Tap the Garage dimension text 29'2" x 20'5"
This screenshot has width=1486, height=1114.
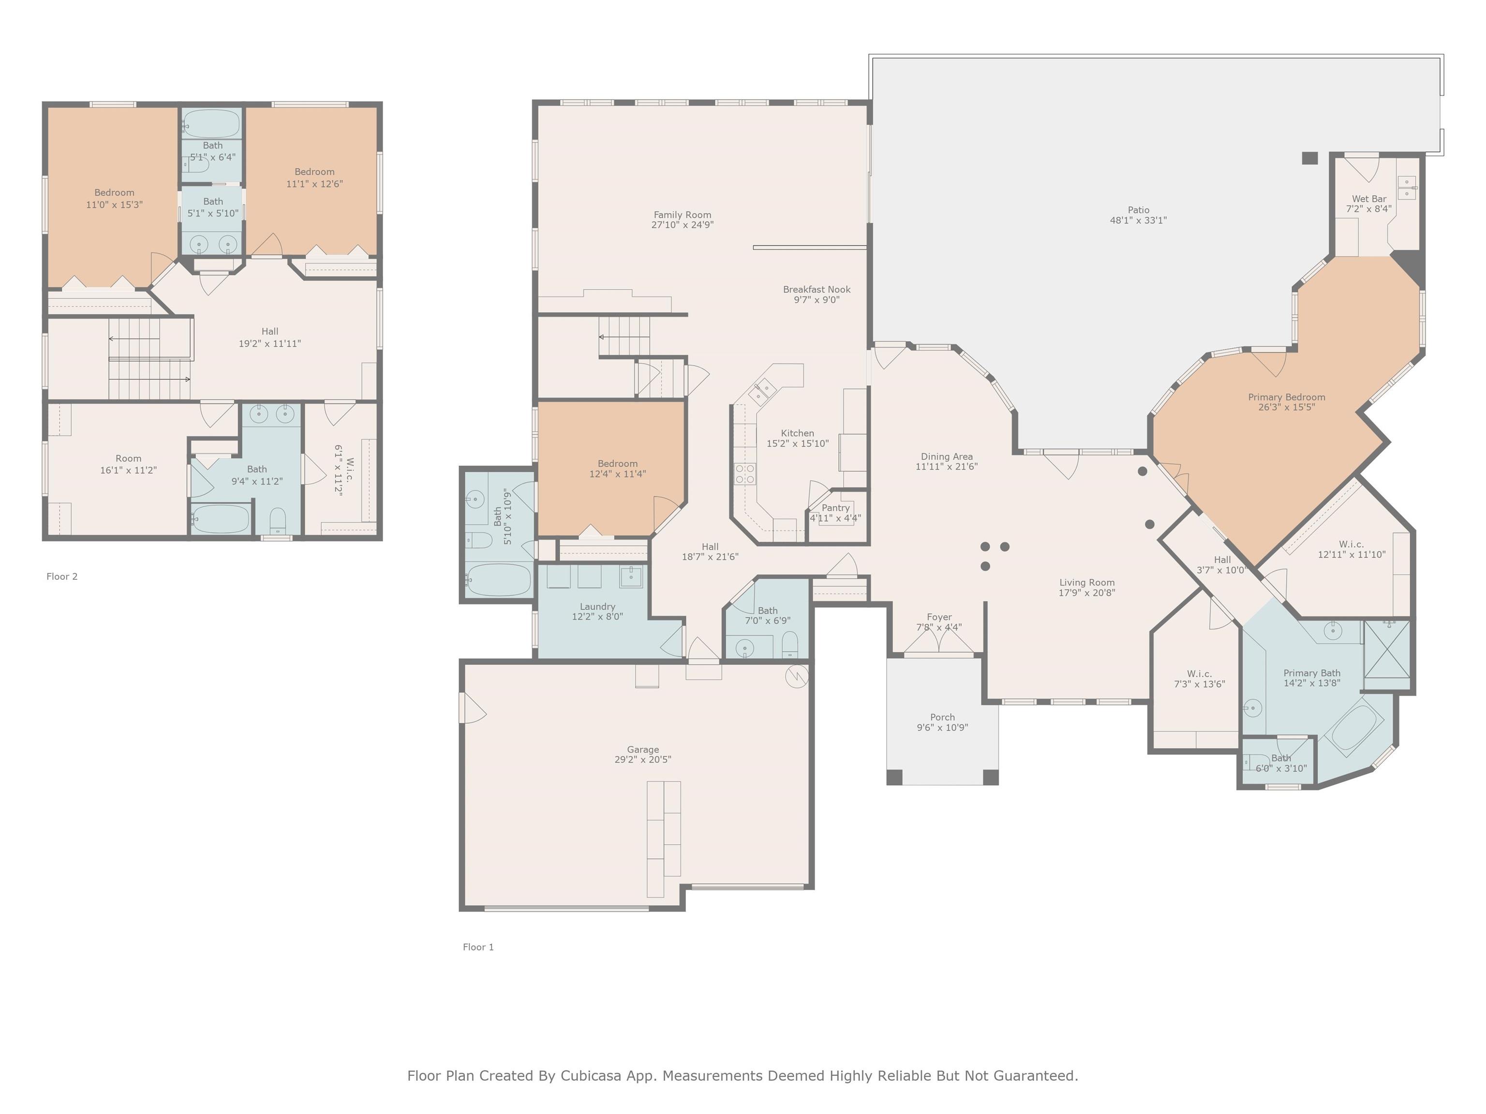[643, 760]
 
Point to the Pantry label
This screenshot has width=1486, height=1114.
[836, 508]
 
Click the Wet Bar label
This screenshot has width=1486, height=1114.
[1368, 199]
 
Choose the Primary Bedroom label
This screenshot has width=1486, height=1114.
[1287, 397]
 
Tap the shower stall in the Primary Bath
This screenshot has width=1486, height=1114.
[1386, 649]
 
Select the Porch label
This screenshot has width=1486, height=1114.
[942, 717]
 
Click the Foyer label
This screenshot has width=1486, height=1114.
[939, 617]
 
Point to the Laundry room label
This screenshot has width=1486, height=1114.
[597, 606]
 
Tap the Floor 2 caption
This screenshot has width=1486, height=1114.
[62, 576]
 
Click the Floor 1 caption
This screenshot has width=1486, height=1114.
[478, 947]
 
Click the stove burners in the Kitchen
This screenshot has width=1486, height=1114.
[745, 473]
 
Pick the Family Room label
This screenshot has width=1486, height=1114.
[683, 215]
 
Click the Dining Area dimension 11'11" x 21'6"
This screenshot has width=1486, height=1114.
[947, 467]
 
